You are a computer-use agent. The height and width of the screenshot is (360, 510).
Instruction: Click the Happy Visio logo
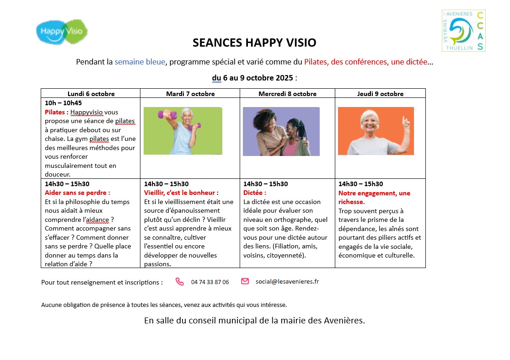(x=62, y=31)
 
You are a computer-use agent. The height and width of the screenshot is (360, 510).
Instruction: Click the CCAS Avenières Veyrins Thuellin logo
(x=463, y=31)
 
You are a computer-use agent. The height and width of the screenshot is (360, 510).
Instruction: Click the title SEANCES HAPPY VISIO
(x=254, y=43)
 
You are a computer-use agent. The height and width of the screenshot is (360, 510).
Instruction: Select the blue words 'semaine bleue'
(x=140, y=62)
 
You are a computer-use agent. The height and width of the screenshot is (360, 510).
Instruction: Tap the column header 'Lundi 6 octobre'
(x=91, y=94)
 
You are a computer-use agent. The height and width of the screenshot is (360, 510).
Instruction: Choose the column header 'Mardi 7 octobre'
(x=190, y=94)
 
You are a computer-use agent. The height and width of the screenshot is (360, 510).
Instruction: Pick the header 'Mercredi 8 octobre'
(x=287, y=94)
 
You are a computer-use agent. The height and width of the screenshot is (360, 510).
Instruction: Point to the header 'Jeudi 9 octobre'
(x=380, y=94)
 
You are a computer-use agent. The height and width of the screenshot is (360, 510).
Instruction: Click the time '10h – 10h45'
(x=63, y=103)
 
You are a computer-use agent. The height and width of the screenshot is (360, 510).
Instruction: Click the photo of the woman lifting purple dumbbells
(x=183, y=131)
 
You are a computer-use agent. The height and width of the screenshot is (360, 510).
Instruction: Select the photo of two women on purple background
(x=281, y=131)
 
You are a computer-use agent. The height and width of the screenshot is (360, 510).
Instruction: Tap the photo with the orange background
(x=376, y=131)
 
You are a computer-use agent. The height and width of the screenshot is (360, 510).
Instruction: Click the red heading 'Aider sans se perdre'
(x=77, y=193)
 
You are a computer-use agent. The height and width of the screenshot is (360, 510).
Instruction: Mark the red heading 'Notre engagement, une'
(x=374, y=193)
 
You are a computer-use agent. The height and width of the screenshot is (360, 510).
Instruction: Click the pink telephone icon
(x=179, y=282)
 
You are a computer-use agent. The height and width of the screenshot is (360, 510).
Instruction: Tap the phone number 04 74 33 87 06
(x=210, y=282)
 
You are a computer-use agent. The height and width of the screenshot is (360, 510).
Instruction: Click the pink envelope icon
(x=245, y=281)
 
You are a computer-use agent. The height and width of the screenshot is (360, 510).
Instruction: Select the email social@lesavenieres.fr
(x=287, y=282)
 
